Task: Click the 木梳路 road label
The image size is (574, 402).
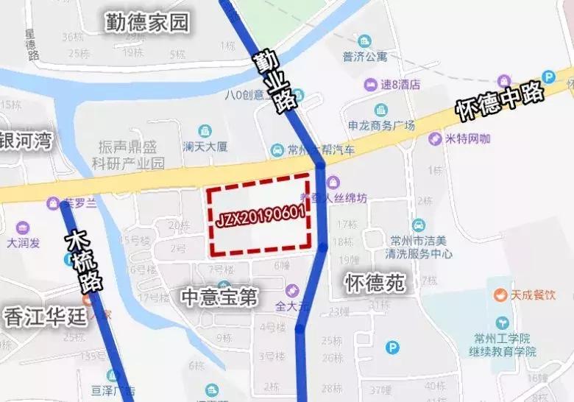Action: coord(83,261)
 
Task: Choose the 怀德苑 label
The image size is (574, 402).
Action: coord(375,283)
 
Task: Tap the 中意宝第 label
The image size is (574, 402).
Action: coord(219,297)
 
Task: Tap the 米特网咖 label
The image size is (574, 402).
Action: coord(468,138)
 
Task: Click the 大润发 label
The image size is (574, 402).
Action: coord(27,241)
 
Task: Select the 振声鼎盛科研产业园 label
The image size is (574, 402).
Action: coord(132,155)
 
